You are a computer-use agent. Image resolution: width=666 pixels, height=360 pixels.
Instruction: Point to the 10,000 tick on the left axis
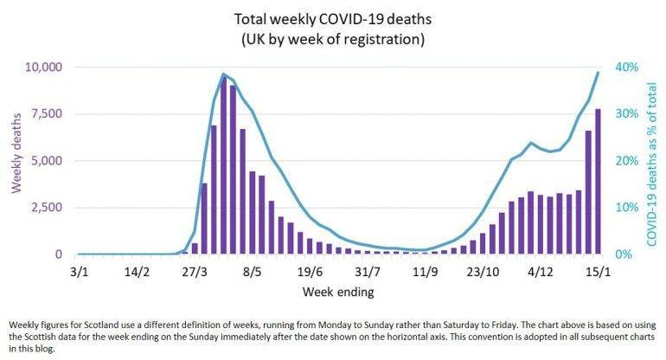(x=42, y=67)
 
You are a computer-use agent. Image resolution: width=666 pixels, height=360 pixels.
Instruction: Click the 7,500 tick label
(x=45, y=113)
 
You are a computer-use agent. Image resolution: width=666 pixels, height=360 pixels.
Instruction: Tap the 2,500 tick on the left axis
(x=45, y=208)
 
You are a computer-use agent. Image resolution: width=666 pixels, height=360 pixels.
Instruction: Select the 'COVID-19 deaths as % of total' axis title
(x=650, y=159)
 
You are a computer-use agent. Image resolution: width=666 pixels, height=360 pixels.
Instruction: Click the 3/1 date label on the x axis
(x=79, y=271)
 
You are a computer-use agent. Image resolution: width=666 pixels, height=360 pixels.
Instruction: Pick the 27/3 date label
(x=195, y=271)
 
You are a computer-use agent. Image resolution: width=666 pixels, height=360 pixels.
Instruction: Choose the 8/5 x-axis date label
(x=253, y=271)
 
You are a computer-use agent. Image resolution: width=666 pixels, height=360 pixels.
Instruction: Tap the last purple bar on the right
(x=598, y=182)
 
